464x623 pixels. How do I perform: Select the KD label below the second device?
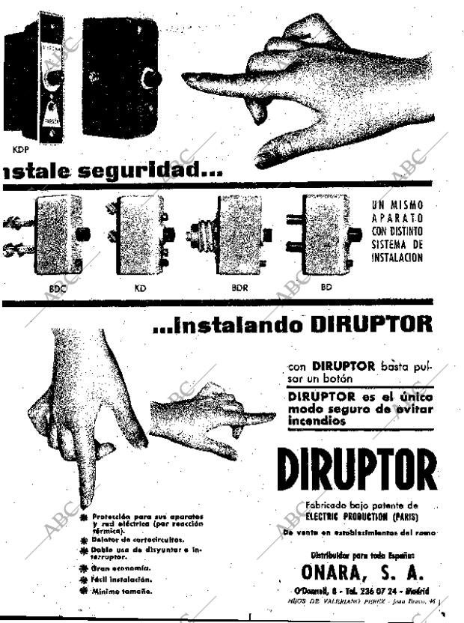(141, 287)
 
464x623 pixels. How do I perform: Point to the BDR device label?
(239, 287)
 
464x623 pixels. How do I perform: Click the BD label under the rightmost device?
(327, 287)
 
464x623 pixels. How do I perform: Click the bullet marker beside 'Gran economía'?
(84, 568)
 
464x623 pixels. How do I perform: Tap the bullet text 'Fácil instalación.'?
(122, 579)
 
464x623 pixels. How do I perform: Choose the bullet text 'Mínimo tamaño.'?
(122, 591)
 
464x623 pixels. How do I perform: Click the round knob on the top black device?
(152, 78)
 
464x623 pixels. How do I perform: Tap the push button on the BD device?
(355, 234)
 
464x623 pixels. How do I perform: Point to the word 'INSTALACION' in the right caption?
(397, 258)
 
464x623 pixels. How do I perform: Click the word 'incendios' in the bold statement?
(317, 422)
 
